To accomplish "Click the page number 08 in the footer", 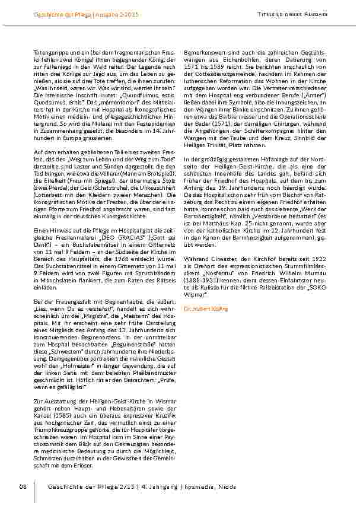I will [23, 486].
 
